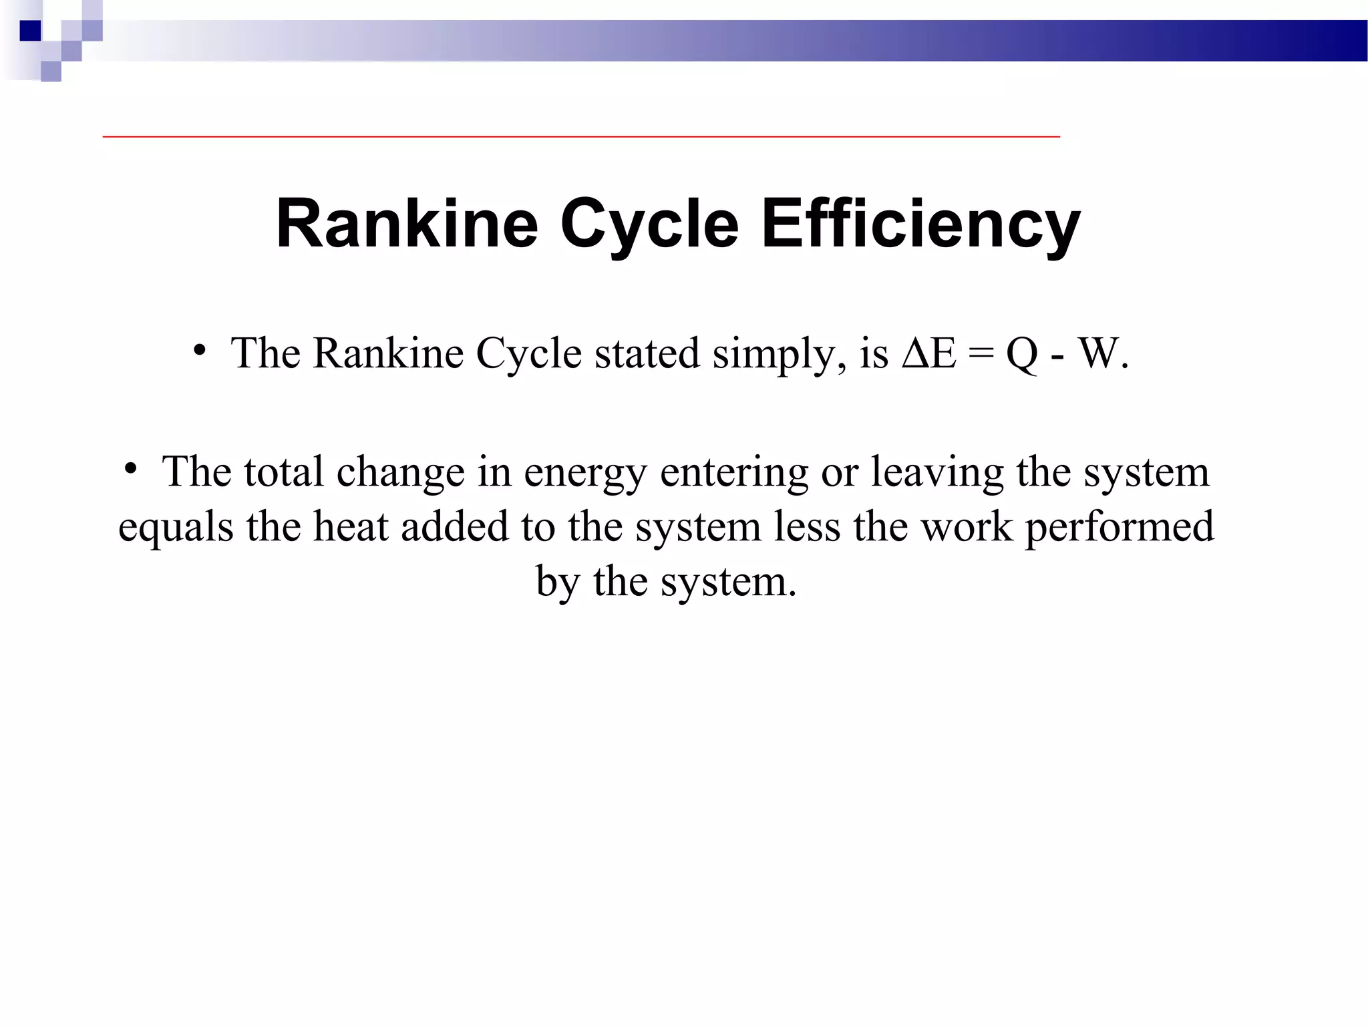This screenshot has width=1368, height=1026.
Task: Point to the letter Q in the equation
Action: tap(1022, 354)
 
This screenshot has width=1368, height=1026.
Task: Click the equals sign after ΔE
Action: tap(981, 354)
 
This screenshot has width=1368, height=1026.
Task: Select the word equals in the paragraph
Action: tap(176, 528)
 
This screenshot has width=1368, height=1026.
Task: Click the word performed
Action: tap(1120, 528)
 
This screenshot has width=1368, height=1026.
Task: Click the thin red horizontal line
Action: tap(581, 136)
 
